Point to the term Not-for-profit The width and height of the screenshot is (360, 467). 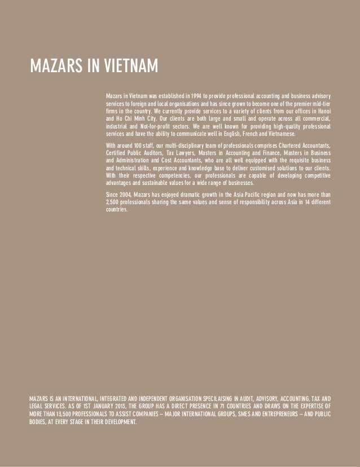[152, 127]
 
